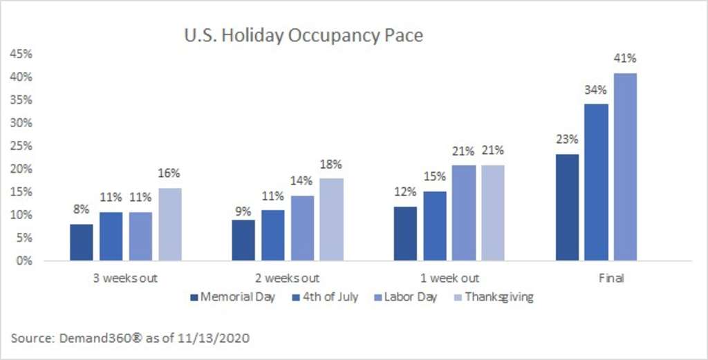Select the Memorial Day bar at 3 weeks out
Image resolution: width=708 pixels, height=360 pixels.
(x=82, y=243)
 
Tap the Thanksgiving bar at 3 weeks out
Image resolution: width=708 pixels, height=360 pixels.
(x=170, y=225)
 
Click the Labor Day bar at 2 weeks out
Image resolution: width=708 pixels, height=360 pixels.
(x=301, y=228)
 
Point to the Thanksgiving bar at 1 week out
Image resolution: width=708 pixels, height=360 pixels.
(x=493, y=213)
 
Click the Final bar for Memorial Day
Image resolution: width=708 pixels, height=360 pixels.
(x=568, y=207)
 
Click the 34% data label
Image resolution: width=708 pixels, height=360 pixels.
(x=597, y=90)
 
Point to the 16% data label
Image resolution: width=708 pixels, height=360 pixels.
(x=170, y=174)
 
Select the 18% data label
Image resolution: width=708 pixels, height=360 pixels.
(x=331, y=164)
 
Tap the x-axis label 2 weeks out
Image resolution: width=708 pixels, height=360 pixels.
(x=287, y=278)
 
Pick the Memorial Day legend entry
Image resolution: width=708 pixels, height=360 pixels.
(x=234, y=297)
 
